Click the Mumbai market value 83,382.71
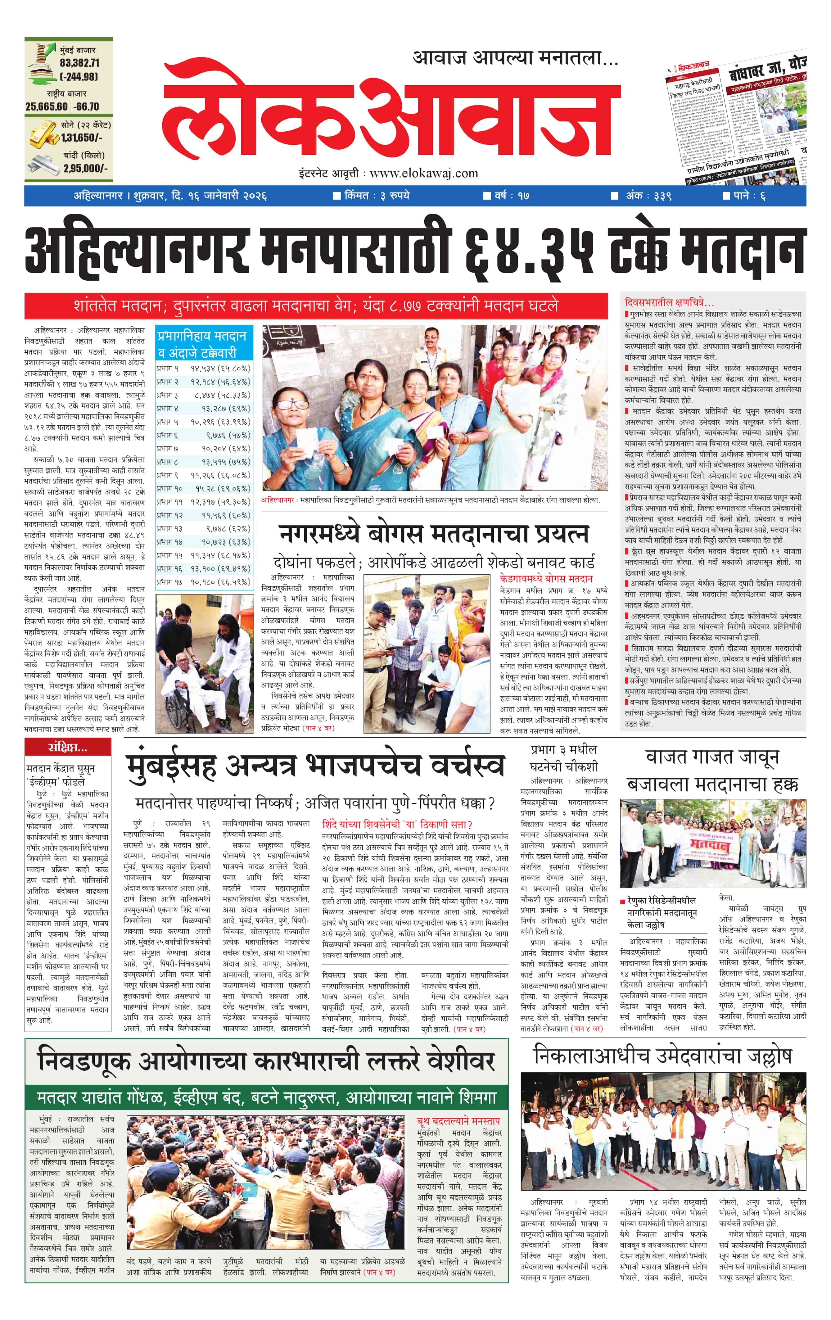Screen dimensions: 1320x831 pos(79,63)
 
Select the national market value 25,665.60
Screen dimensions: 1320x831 pos(47,107)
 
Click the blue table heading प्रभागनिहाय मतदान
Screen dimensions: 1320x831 pos(202,336)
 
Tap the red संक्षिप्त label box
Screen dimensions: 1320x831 pos(67,747)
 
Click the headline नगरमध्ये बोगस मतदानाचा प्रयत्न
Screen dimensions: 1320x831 pos(433,533)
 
